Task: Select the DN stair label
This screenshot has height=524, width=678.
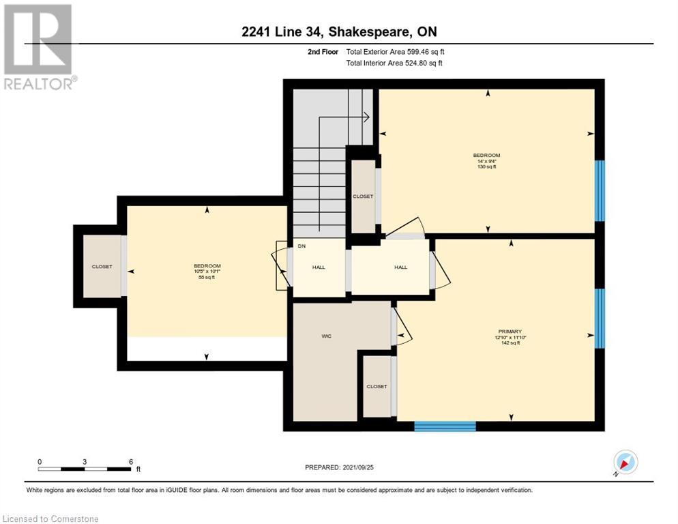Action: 301,246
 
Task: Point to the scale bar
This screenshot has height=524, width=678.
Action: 85,469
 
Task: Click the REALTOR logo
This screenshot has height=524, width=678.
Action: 40,47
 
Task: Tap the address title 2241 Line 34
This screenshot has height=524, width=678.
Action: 338,31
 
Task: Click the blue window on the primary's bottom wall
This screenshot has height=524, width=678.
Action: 445,426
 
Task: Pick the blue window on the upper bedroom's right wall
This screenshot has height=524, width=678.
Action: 600,190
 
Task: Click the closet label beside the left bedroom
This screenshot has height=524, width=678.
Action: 102,266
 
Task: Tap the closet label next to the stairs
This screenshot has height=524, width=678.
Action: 363,196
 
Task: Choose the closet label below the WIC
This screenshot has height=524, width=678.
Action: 377,386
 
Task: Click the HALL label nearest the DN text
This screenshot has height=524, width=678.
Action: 319,267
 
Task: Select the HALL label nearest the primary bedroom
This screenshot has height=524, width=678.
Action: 400,267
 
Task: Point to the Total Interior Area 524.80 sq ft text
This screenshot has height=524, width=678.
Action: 394,63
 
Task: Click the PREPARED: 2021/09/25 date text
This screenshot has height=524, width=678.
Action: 339,467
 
